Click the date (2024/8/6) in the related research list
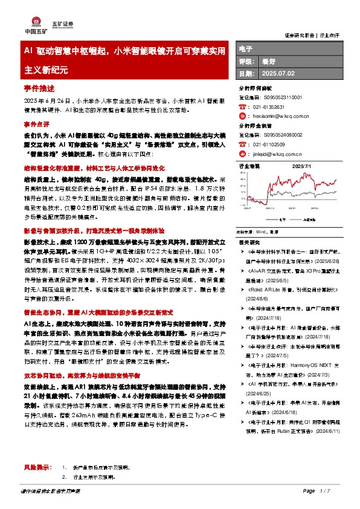(x=257, y=298)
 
